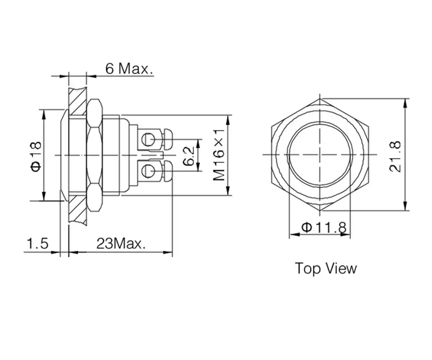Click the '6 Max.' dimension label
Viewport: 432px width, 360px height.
point(130,68)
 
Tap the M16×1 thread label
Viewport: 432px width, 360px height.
point(220,155)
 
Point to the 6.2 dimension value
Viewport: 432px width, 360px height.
point(188,155)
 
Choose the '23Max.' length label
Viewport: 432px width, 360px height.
point(121,244)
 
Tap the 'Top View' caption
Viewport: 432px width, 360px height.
point(326,268)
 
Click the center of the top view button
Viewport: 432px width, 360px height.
point(320,155)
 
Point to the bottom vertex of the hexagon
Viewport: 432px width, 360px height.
point(320,211)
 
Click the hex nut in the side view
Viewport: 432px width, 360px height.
point(95,155)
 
